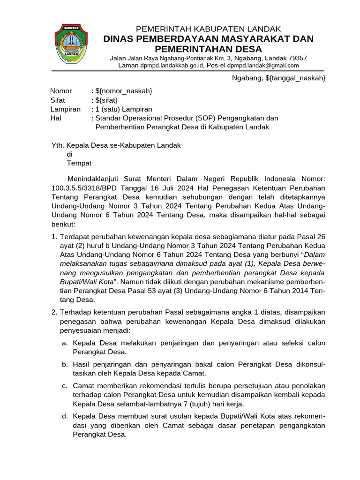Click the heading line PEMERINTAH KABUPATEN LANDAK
pos(208,29)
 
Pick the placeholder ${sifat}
pos(106,100)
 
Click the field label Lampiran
pos(65,109)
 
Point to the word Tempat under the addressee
pos(79,163)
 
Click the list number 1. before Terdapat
pos(54,236)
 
